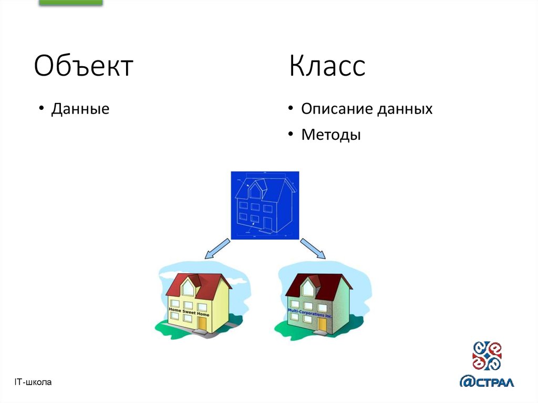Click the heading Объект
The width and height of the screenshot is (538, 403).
pyautogui.click(x=84, y=67)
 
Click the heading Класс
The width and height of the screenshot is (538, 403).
pyautogui.click(x=327, y=67)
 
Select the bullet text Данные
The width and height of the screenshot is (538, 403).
pyautogui.click(x=80, y=109)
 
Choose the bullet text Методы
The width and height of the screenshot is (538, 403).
pyautogui.click(x=331, y=135)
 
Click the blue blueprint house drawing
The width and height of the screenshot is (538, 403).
pyautogui.click(x=265, y=205)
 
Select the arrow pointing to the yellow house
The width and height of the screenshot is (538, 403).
pyautogui.click(x=216, y=249)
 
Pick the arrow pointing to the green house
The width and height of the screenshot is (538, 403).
pyautogui.click(x=313, y=249)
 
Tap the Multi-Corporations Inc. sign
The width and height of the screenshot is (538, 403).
pyautogui.click(x=310, y=314)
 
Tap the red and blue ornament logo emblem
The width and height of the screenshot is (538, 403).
pyautogui.click(x=487, y=356)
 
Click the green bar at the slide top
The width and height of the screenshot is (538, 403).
pyautogui.click(x=71, y=3)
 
